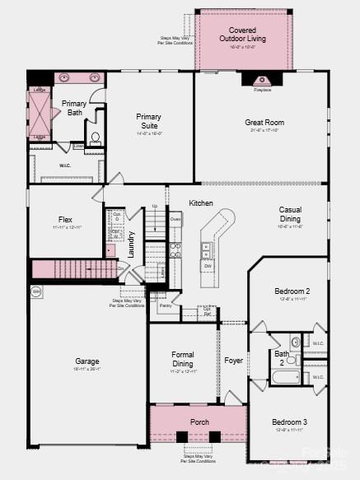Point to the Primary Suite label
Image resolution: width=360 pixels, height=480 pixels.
(x=149, y=121)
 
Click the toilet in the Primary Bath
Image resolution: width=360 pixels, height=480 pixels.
(x=95, y=137)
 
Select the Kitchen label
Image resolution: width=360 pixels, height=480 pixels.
(x=201, y=203)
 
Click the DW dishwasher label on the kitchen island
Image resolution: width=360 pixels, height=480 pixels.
(x=208, y=266)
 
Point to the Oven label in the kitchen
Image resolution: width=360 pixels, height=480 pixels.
(x=175, y=220)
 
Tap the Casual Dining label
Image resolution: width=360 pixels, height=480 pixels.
(x=290, y=214)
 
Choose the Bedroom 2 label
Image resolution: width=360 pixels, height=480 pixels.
(x=292, y=291)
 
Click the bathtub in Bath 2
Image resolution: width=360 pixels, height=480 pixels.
(x=287, y=378)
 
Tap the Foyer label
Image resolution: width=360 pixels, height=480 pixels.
(x=234, y=361)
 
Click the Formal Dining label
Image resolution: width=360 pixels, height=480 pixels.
(x=183, y=359)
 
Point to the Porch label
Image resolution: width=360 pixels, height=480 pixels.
(x=199, y=422)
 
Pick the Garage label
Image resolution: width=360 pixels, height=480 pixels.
(x=87, y=361)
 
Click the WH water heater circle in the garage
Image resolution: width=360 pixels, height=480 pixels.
(x=35, y=291)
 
